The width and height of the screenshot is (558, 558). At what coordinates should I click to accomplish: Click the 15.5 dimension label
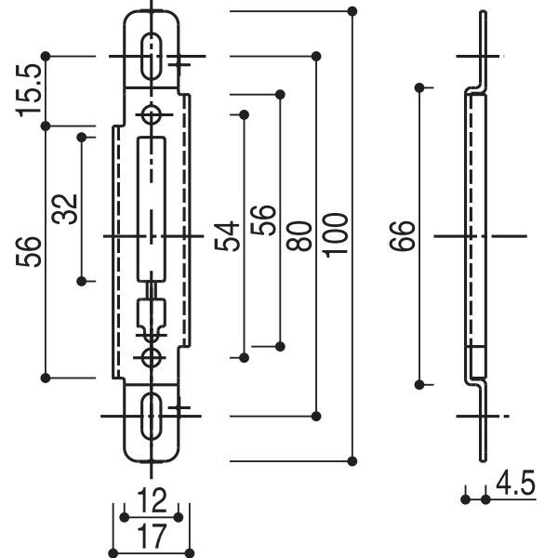tap(30, 90)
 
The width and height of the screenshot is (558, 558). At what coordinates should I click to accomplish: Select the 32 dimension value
tap(64, 209)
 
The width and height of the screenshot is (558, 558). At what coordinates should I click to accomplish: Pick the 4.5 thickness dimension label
tap(516, 485)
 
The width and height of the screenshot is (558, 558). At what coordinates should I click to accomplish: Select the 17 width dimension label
tap(150, 537)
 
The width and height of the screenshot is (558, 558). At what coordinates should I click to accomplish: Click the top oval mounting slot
tap(150, 55)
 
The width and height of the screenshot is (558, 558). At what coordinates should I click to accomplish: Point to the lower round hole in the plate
tap(151, 357)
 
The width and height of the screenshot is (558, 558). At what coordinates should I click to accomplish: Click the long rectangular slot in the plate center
tap(151, 206)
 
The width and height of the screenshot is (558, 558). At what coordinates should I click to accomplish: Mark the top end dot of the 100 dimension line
tap(352, 11)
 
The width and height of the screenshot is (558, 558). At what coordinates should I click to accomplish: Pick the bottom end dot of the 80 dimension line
tap(316, 414)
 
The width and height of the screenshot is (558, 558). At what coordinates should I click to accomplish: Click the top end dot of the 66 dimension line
tap(420, 88)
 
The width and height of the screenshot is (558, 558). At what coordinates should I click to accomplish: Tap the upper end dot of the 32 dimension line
tap(83, 138)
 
